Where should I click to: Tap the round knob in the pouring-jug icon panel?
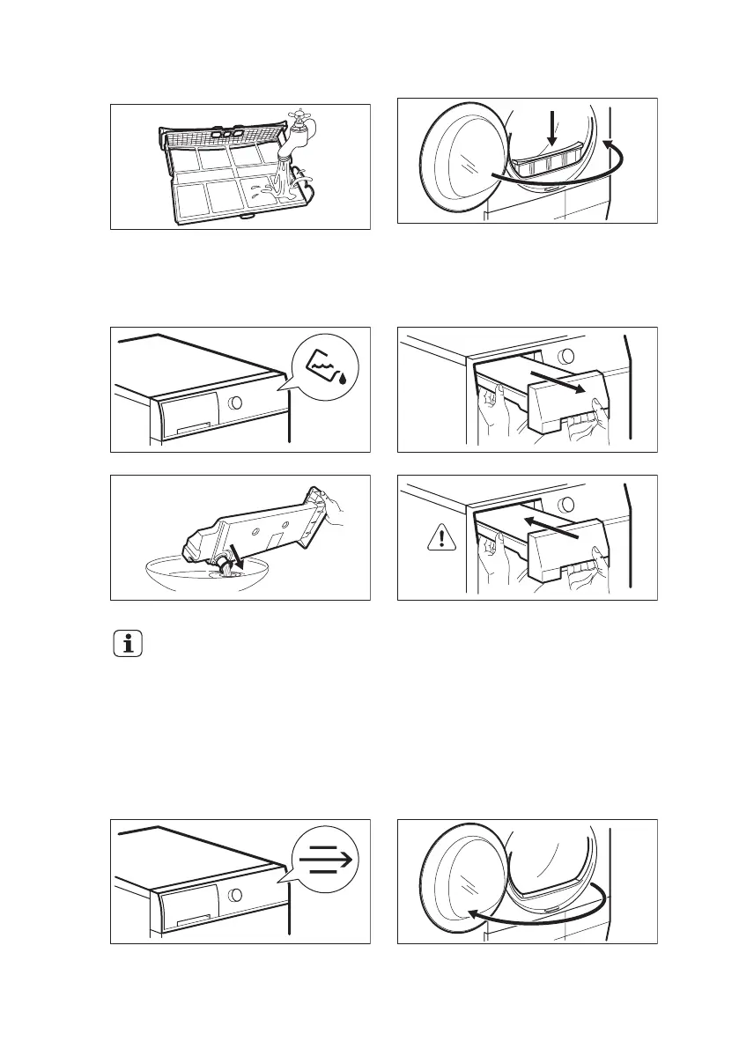[235, 403]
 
